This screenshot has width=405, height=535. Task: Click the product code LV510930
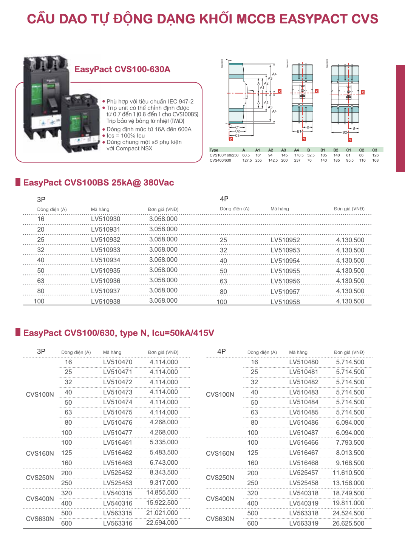click(x=105, y=219)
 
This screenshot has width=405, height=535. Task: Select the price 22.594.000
click(x=162, y=523)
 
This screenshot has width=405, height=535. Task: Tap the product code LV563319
click(x=304, y=523)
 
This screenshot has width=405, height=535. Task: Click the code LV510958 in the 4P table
click(x=285, y=302)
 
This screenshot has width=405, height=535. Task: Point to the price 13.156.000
click(x=348, y=483)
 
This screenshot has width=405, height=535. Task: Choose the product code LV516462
click(x=118, y=453)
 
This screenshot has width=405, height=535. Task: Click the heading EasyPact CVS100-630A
click(x=122, y=69)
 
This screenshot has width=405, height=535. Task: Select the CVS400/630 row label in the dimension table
click(x=220, y=161)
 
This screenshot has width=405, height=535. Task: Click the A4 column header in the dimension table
click(x=297, y=150)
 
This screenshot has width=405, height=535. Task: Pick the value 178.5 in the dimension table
click(x=299, y=155)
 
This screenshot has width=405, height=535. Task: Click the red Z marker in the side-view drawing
click(x=231, y=139)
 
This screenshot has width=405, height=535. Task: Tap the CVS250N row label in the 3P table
click(x=40, y=478)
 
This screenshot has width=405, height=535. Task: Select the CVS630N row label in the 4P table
click(x=220, y=519)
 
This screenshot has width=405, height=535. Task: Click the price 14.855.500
click(x=162, y=492)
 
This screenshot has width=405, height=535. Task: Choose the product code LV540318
click(x=304, y=493)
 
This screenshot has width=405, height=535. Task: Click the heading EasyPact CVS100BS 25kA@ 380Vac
click(x=99, y=182)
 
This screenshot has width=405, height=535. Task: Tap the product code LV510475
click(x=118, y=412)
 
